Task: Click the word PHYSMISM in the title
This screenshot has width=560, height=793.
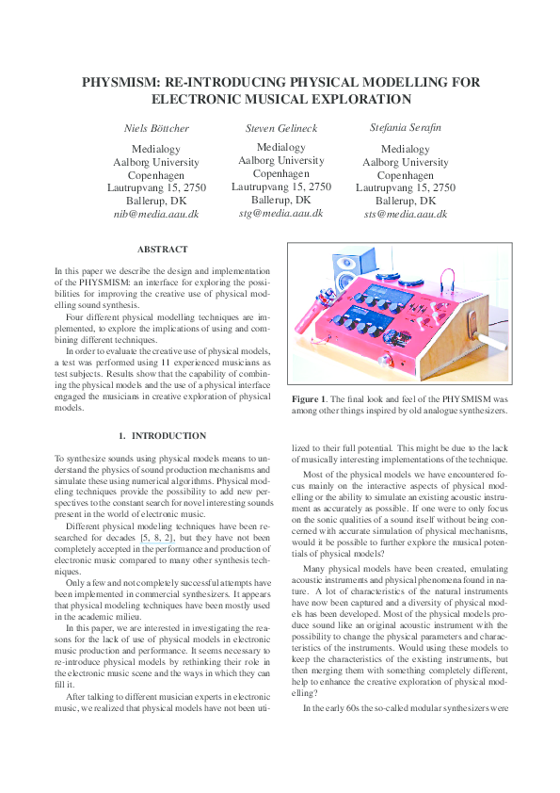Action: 120,82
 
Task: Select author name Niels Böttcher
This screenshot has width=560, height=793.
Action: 155,127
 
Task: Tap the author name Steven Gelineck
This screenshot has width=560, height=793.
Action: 281,127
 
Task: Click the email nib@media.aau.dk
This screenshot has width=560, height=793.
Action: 155,215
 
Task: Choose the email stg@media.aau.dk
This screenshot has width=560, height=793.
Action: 281,214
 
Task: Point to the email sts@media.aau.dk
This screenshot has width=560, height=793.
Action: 406,215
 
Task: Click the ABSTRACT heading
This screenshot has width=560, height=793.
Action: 162,250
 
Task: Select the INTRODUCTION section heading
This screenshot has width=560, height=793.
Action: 168,436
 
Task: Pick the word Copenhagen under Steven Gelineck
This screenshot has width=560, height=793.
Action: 281,174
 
